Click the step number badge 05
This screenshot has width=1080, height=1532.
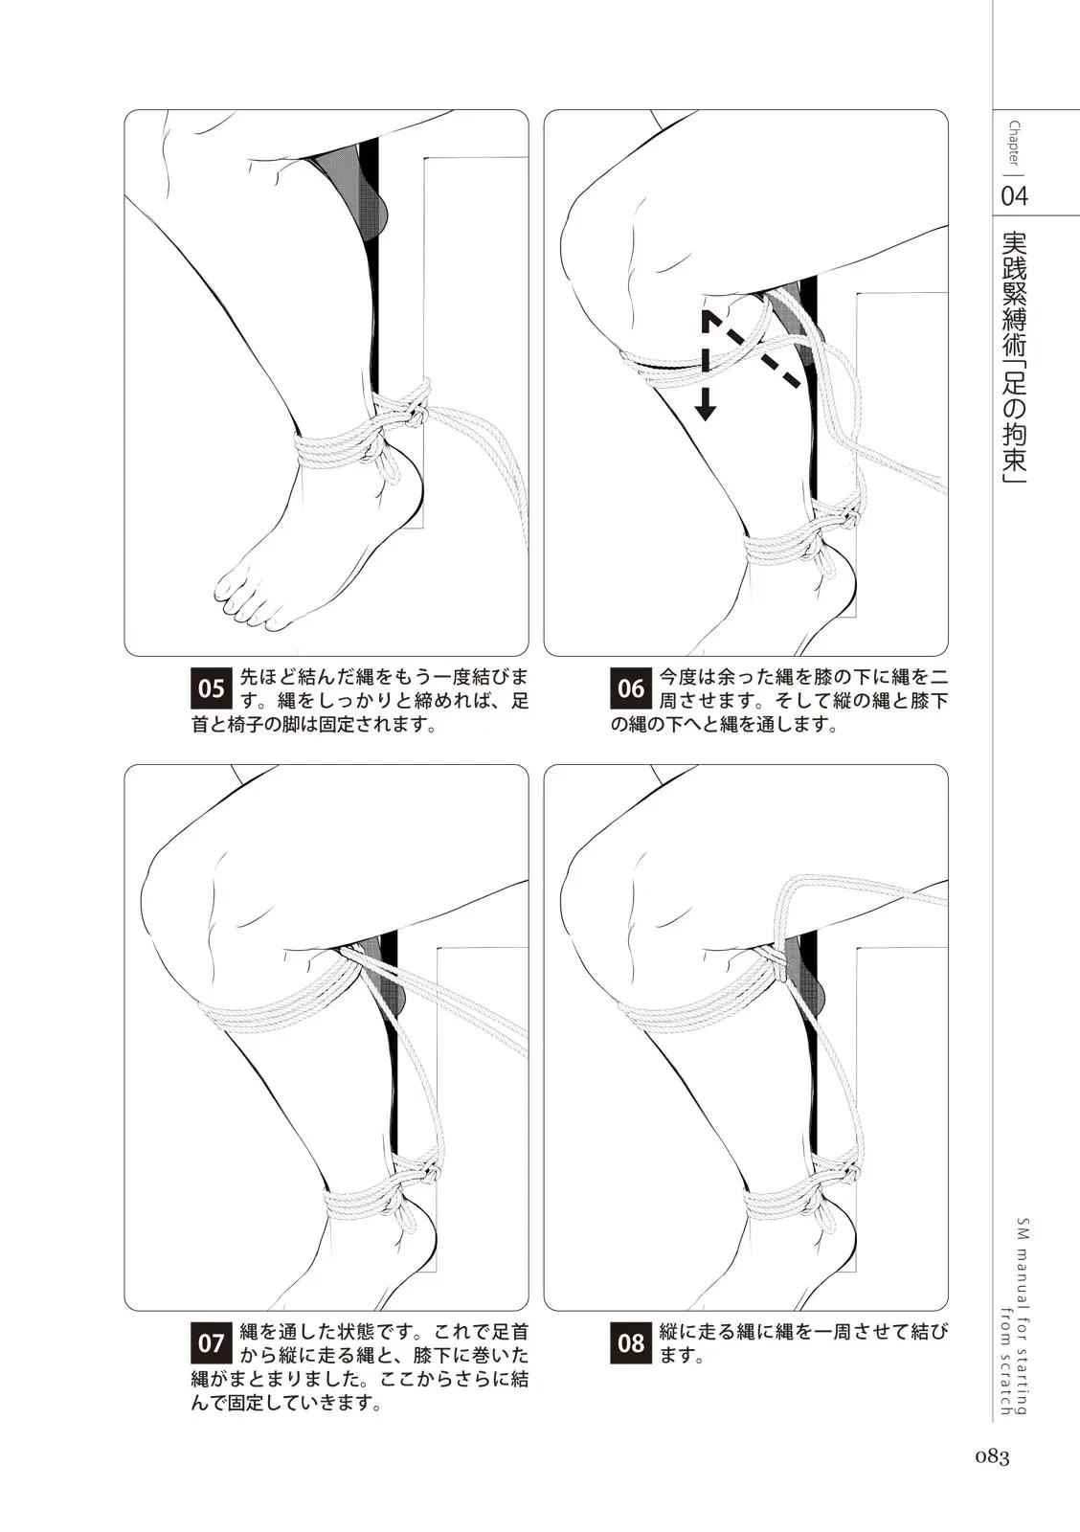(212, 688)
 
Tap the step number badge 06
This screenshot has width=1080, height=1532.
(631, 688)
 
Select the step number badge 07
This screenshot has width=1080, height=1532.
(212, 1343)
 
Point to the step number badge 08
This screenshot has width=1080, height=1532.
(631, 1343)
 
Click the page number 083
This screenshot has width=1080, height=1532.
(993, 1458)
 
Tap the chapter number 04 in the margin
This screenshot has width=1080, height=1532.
(1014, 196)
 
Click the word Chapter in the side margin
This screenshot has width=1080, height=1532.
(1014, 143)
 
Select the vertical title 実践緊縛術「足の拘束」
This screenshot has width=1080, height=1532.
(1014, 358)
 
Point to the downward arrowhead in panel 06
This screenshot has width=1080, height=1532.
(706, 411)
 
